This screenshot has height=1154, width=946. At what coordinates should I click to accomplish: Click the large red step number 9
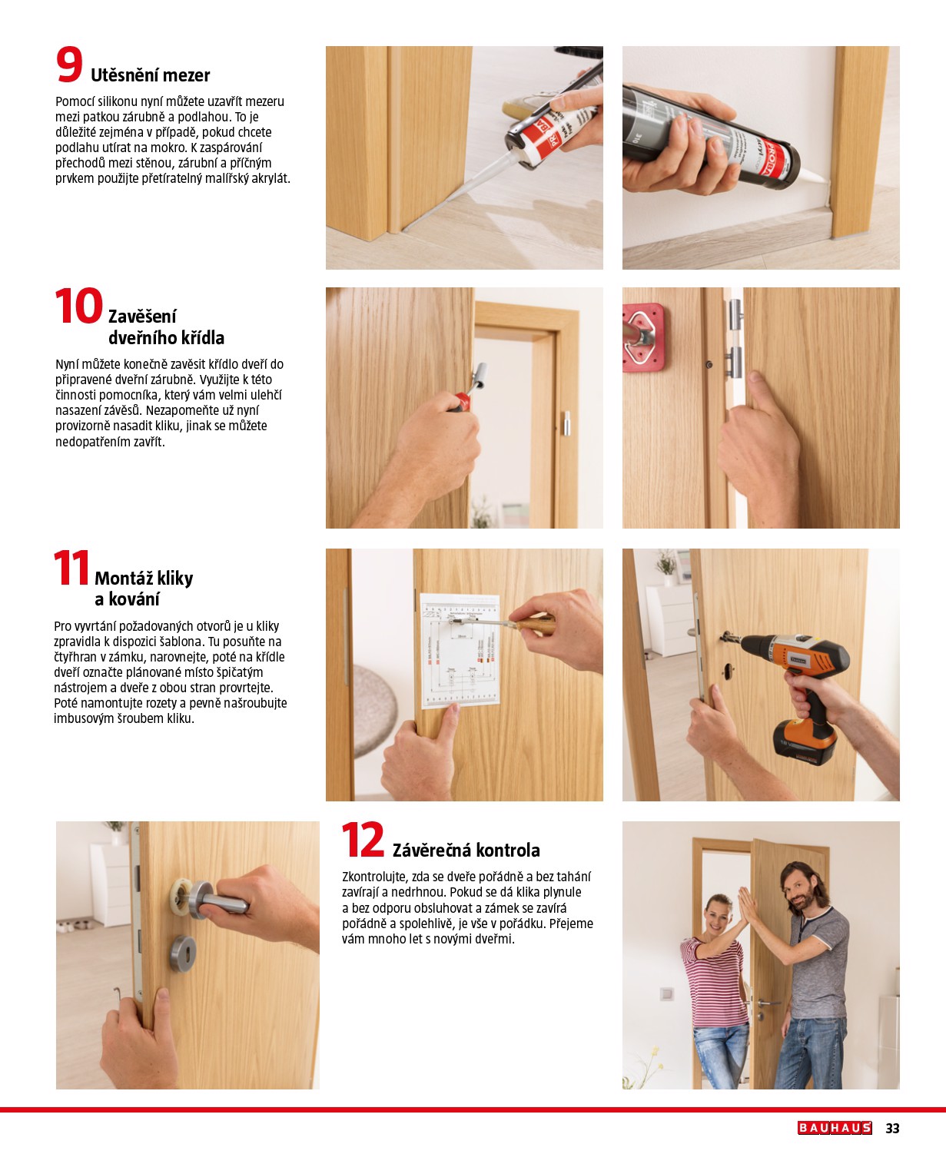pyautogui.click(x=69, y=65)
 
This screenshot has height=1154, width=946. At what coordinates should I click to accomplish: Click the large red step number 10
pyautogui.click(x=78, y=306)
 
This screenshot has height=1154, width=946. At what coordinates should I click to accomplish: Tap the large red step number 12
pyautogui.click(x=363, y=840)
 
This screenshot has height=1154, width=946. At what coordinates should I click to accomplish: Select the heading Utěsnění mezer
pyautogui.click(x=150, y=75)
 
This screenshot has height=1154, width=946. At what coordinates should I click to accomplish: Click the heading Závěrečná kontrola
pyautogui.click(x=466, y=851)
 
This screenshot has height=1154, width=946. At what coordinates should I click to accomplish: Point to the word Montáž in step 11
pyautogui.click(x=124, y=579)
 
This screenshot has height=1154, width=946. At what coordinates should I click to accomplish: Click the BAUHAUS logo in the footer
pyautogui.click(x=835, y=1128)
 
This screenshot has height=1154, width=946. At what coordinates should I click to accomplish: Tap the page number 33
pyautogui.click(x=892, y=1128)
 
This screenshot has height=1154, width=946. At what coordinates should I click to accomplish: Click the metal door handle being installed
pyautogui.click(x=215, y=899)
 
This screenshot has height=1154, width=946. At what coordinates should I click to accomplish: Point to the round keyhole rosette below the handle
pyautogui.click(x=183, y=953)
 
